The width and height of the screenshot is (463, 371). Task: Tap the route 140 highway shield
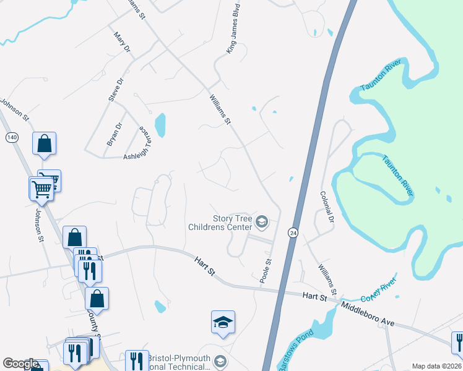coord(12,137)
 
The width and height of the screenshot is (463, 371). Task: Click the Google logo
coord(20,364)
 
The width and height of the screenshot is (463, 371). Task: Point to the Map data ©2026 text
coord(436,366)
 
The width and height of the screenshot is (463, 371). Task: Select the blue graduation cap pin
coord(223,323)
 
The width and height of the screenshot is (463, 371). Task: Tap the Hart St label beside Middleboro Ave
coord(314,297)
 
